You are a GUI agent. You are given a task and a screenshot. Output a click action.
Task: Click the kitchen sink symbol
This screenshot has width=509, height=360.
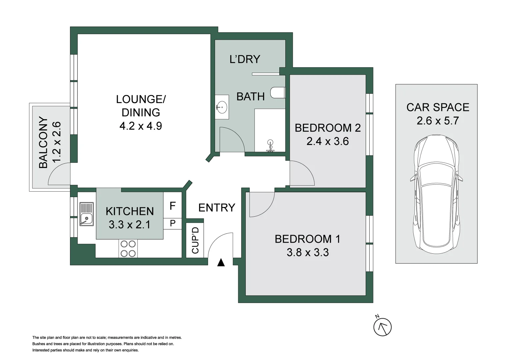coord(87,214)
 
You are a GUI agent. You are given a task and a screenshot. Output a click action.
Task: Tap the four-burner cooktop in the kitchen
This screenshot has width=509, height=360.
coord(128,249)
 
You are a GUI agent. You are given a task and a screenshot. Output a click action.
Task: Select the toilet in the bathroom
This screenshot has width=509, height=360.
coord(278,93)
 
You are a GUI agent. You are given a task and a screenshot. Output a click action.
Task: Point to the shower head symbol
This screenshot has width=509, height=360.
coord(270,146)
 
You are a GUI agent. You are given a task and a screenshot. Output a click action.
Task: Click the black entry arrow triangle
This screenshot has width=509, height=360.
coord(221,263)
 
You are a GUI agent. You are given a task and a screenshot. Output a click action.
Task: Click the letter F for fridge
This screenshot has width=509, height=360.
coord(172,206)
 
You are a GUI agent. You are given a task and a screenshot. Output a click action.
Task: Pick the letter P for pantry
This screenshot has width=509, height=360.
coord(173,223)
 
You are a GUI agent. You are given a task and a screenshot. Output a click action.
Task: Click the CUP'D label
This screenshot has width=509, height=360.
coord(195,240)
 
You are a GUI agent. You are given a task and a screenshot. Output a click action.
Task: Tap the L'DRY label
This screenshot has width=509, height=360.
coord(245,59)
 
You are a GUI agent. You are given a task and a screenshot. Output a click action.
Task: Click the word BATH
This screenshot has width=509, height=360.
coord(250,97)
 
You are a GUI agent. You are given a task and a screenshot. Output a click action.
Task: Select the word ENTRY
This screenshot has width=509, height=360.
coord(217,208)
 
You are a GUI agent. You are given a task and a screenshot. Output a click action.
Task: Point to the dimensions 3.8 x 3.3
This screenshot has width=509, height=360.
coord(308,253)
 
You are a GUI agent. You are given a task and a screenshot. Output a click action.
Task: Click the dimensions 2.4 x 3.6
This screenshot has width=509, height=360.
coord(327,141)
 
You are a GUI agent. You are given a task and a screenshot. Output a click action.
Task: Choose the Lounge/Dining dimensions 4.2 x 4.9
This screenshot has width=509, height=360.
coord(141,126)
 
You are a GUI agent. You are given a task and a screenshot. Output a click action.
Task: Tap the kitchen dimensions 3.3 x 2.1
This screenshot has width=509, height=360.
coord(129,225)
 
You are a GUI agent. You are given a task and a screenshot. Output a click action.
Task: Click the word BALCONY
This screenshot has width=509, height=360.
coord(43,142)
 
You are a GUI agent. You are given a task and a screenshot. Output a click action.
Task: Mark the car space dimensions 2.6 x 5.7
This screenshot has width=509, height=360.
coord(438,121)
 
